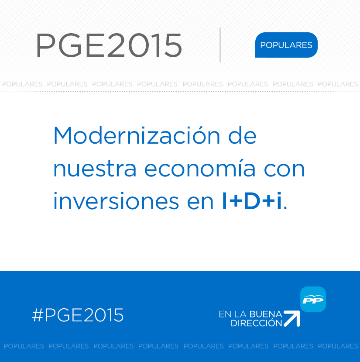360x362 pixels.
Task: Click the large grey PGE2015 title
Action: [x=109, y=45]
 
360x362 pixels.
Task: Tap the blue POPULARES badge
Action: [x=286, y=45]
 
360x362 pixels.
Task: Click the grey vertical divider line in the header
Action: [x=220, y=45]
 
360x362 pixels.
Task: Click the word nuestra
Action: [x=95, y=169]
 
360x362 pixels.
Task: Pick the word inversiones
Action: [x=116, y=200]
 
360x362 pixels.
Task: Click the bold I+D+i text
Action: [x=252, y=200]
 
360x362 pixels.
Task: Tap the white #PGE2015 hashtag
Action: [x=78, y=315]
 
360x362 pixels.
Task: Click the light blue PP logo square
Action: [x=313, y=299]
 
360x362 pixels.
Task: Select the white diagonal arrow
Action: [x=292, y=319]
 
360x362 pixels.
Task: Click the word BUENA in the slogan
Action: [x=266, y=314]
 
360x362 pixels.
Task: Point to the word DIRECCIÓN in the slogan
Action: [x=257, y=323]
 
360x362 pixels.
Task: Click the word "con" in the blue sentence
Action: [x=285, y=169]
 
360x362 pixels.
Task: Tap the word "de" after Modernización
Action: [x=242, y=135]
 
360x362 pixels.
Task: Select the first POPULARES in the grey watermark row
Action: [x=22, y=84]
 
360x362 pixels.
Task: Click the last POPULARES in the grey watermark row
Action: [x=338, y=84]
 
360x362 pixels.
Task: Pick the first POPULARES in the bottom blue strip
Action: [x=24, y=346]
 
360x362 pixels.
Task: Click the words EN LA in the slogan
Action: [x=233, y=314]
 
